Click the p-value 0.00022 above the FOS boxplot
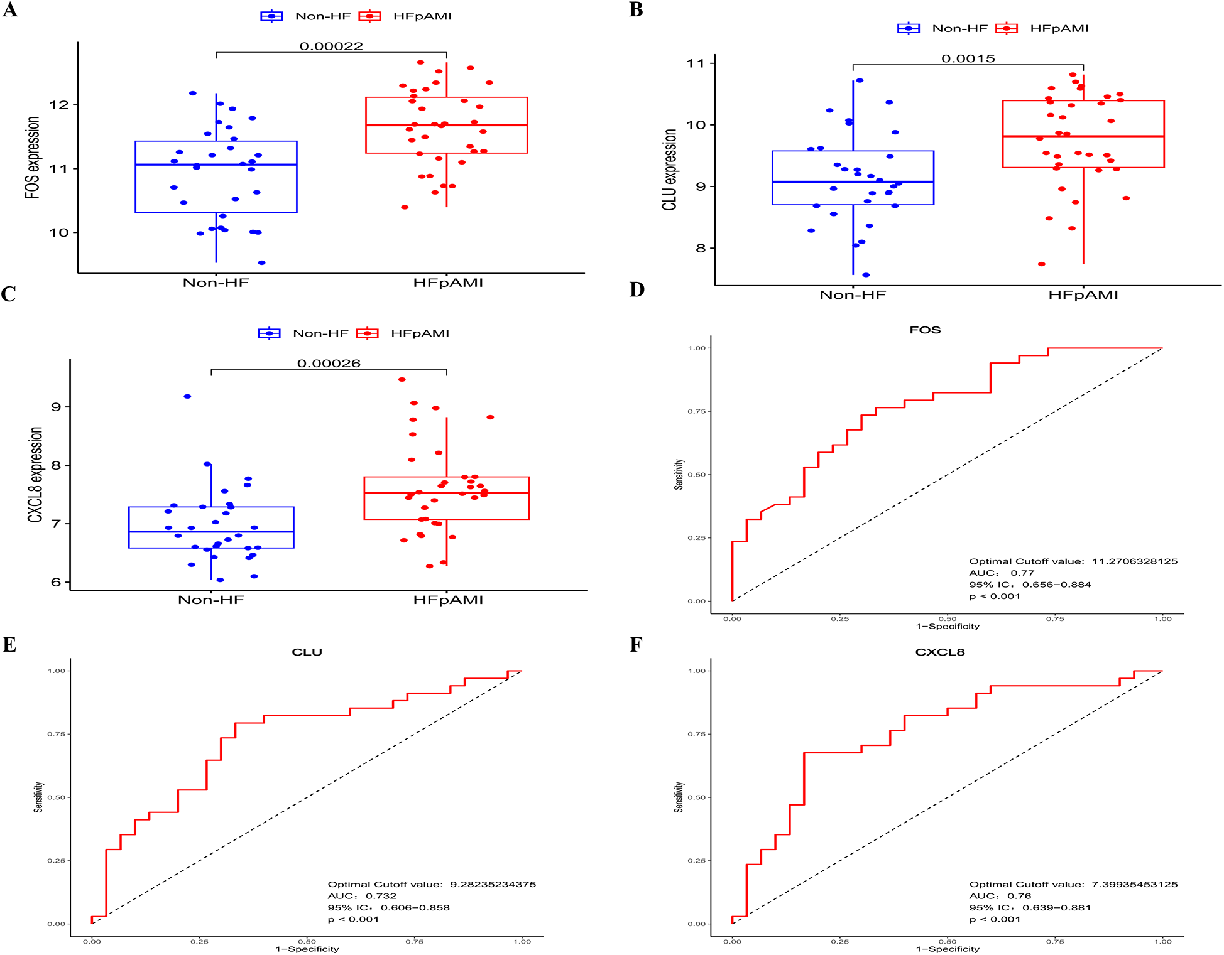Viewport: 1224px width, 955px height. point(331,46)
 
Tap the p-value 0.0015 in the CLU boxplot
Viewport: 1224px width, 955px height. point(968,58)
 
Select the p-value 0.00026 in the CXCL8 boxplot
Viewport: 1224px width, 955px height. point(329,364)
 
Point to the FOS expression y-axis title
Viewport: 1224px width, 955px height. point(33,158)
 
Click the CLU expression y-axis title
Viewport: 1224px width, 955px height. point(670,170)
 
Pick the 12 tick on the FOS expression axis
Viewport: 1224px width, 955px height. point(59,105)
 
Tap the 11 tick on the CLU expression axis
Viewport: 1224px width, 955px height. point(696,63)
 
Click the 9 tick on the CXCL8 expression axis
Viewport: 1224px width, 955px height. point(57,407)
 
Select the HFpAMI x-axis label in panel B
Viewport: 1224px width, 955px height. point(1083,295)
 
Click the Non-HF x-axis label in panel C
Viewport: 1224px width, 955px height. point(210,600)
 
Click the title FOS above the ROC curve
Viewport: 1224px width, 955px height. point(925,330)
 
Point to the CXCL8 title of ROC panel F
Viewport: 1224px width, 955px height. point(939,652)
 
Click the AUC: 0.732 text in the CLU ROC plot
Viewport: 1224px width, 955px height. point(362,896)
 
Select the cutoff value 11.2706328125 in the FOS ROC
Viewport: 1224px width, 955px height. point(1134,561)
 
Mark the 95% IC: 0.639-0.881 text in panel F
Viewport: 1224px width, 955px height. point(1029,907)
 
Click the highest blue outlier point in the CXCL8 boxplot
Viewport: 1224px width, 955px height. point(187,396)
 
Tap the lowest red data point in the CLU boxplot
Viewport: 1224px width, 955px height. point(1041,264)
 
